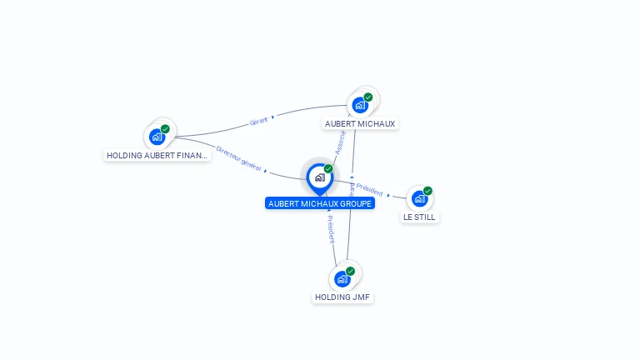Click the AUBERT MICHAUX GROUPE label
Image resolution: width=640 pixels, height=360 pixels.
320,203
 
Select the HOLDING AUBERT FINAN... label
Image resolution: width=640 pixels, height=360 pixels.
157,155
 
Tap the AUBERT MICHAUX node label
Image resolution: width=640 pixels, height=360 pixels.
360,123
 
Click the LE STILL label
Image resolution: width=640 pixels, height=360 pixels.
419,217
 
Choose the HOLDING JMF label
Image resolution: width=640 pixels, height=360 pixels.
342,297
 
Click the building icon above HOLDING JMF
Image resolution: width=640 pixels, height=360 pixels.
342,279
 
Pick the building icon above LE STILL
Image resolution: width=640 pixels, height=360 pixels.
419,198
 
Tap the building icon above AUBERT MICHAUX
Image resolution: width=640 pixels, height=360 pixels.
359,105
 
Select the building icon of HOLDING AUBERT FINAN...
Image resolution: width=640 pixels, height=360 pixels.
157,137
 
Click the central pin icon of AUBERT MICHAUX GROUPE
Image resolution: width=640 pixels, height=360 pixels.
319,177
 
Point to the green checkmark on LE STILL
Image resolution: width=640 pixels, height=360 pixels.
427,191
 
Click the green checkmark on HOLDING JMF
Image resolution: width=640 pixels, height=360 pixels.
350,271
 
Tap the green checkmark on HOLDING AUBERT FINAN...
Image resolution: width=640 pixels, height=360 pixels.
165,129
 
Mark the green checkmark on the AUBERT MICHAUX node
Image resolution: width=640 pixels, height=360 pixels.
367,97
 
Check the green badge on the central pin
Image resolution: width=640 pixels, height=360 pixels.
327,169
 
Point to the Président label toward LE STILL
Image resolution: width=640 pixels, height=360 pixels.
369,190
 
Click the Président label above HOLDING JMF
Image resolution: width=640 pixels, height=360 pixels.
331,227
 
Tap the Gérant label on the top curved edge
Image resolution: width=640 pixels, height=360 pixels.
258,122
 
